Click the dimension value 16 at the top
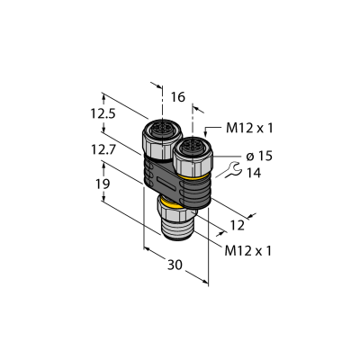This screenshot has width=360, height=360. coord(178,97)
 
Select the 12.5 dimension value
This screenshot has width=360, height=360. coord(103,113)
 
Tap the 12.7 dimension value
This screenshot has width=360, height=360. coord(103,149)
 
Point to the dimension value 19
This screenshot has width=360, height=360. coord(103,184)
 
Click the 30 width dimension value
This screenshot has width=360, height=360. coord(175,265)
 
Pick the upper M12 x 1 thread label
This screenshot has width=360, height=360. coord(249,129)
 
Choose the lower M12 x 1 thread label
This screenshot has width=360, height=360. coord(248,251)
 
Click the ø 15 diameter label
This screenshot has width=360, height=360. coord(259,156)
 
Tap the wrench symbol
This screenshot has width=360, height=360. coord(232,170)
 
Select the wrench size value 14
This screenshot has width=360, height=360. coord(254,173)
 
